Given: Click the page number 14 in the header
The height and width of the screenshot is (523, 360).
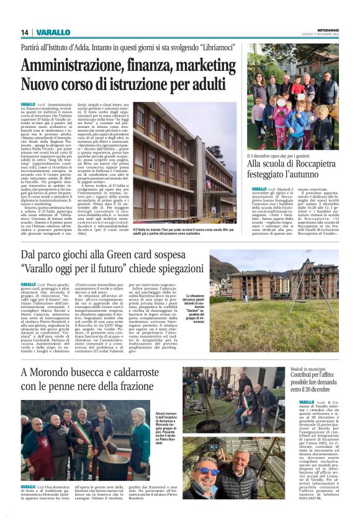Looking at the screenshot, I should (x=25, y=32).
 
